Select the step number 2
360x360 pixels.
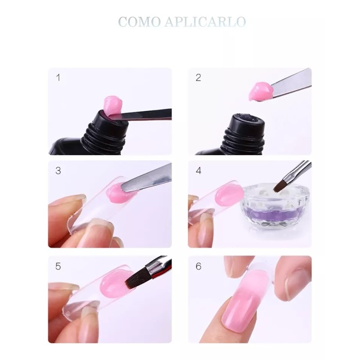point(198,77)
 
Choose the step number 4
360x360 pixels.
point(198,171)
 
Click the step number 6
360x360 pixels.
point(198,265)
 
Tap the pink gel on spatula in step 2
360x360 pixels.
point(260,91)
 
